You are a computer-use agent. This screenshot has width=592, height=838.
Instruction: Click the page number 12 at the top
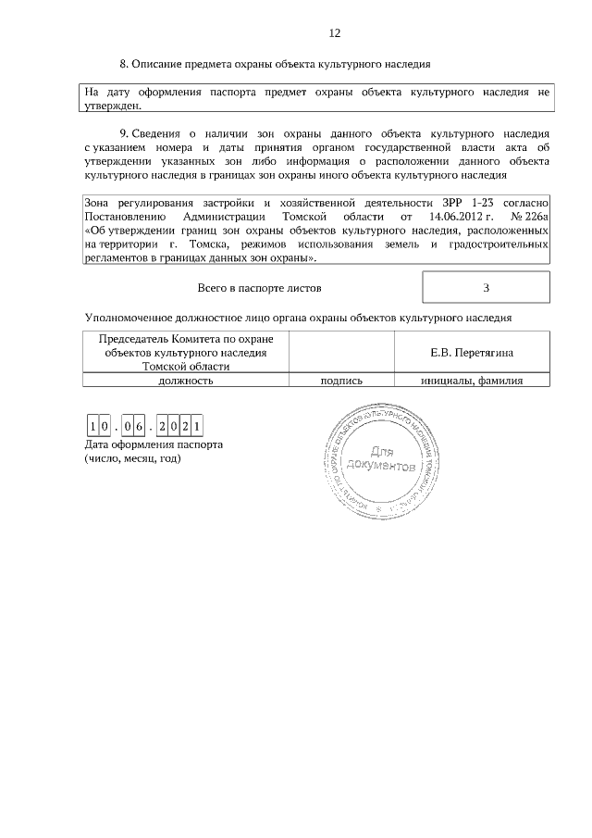point(335,33)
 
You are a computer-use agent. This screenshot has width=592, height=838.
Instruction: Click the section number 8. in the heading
point(124,65)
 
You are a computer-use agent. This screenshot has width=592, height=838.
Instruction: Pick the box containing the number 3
point(486,287)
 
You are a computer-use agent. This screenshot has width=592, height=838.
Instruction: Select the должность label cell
point(186,380)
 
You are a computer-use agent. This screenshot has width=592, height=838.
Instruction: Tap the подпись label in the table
point(341,380)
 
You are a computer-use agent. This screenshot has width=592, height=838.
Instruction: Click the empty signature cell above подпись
point(341,353)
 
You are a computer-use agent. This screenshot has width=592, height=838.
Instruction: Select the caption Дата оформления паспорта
point(154,444)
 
